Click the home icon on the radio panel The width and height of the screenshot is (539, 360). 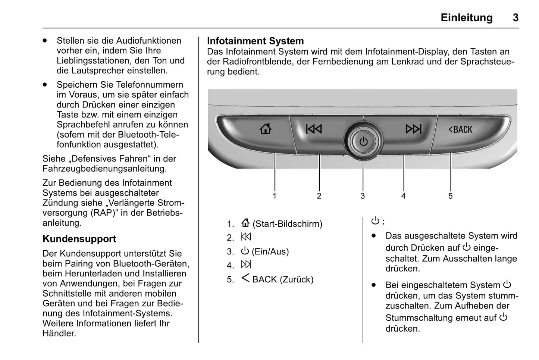click(x=265, y=129)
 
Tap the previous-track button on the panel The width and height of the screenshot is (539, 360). click(x=314, y=129)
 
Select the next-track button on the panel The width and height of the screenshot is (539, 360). click(x=413, y=129)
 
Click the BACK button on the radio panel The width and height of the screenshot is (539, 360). click(x=460, y=129)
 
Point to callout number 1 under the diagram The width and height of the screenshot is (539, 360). click(x=275, y=196)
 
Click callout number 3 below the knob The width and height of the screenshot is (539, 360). click(x=363, y=196)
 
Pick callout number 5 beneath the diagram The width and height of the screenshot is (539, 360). click(x=450, y=196)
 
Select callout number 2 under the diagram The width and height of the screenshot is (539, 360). click(x=319, y=196)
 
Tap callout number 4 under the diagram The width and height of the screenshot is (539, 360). click(x=403, y=196)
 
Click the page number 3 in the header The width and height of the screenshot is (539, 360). click(x=516, y=18)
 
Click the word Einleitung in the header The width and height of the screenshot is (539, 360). click(x=466, y=18)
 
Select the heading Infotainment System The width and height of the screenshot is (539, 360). click(x=255, y=41)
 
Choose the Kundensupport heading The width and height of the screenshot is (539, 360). click(x=79, y=239)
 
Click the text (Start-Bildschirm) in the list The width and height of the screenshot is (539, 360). click(x=287, y=224)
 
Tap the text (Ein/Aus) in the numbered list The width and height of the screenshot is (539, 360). click(x=270, y=251)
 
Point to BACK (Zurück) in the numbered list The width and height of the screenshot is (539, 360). click(x=283, y=279)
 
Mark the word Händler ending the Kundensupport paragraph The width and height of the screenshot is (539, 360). click(x=59, y=334)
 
